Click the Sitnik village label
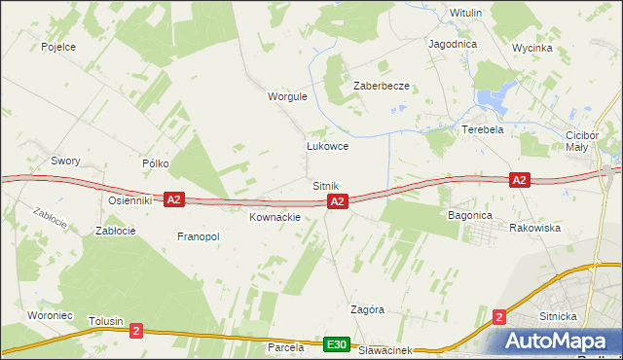tap(325, 185)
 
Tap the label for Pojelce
tap(58, 46)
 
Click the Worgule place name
tap(287, 96)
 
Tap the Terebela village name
tap(482, 129)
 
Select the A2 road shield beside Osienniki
tap(173, 198)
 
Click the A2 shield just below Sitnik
tap(337, 201)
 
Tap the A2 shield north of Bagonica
tap(519, 179)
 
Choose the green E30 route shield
tap(337, 345)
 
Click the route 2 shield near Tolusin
tap(135, 331)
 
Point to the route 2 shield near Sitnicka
tap(499, 316)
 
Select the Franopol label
tap(198, 236)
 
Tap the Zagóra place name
tap(368, 309)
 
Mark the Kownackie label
tap(275, 217)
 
